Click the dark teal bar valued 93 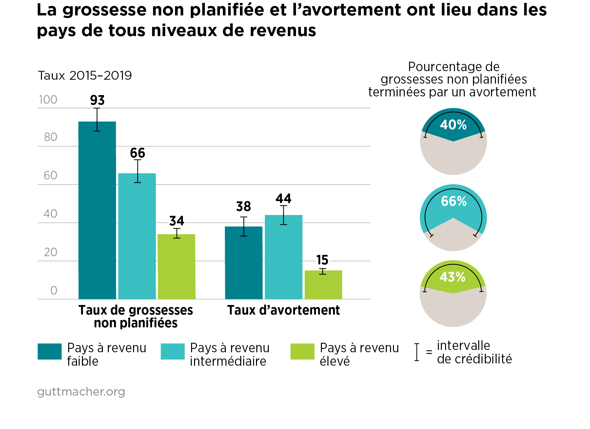pos(97,210)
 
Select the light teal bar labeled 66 pos(137,236)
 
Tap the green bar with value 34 pos(176,266)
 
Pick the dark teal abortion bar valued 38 pos(244,262)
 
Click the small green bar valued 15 pos(323,285)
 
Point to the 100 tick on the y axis pos(48,100)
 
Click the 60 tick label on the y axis pos(50,175)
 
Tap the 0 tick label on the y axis pos(54,291)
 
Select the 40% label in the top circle pos(453,125)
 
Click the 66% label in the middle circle pos(454,201)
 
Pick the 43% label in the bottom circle pos(453,277)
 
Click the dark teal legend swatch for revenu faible pos(49,351)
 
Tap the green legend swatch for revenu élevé pos(302,351)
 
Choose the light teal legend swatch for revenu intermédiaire pos(172,351)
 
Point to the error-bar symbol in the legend pos(417,352)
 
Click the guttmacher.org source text pos(81,392)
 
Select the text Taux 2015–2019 pos(85,76)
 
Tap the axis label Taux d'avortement pos(284,310)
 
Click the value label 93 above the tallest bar pos(97,100)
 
